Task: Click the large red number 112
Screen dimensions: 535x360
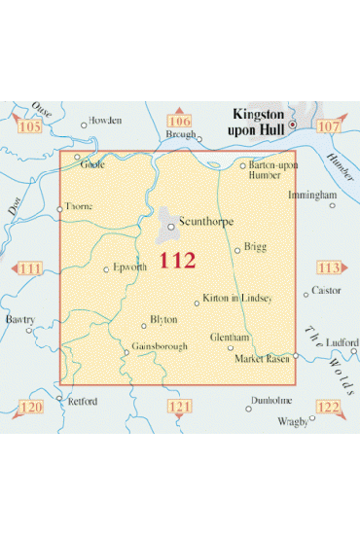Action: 178,261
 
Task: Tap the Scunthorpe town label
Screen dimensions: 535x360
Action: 207,222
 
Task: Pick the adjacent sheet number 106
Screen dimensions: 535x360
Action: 180,122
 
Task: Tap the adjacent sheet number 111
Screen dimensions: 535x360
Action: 29,268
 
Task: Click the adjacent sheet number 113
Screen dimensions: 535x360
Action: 329,268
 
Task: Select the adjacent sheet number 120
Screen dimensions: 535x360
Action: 31,407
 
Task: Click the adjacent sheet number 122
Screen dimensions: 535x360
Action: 328,407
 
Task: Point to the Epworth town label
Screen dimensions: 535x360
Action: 129,267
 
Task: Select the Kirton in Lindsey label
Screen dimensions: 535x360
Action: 237,297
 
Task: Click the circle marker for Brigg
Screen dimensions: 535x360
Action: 237,251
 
